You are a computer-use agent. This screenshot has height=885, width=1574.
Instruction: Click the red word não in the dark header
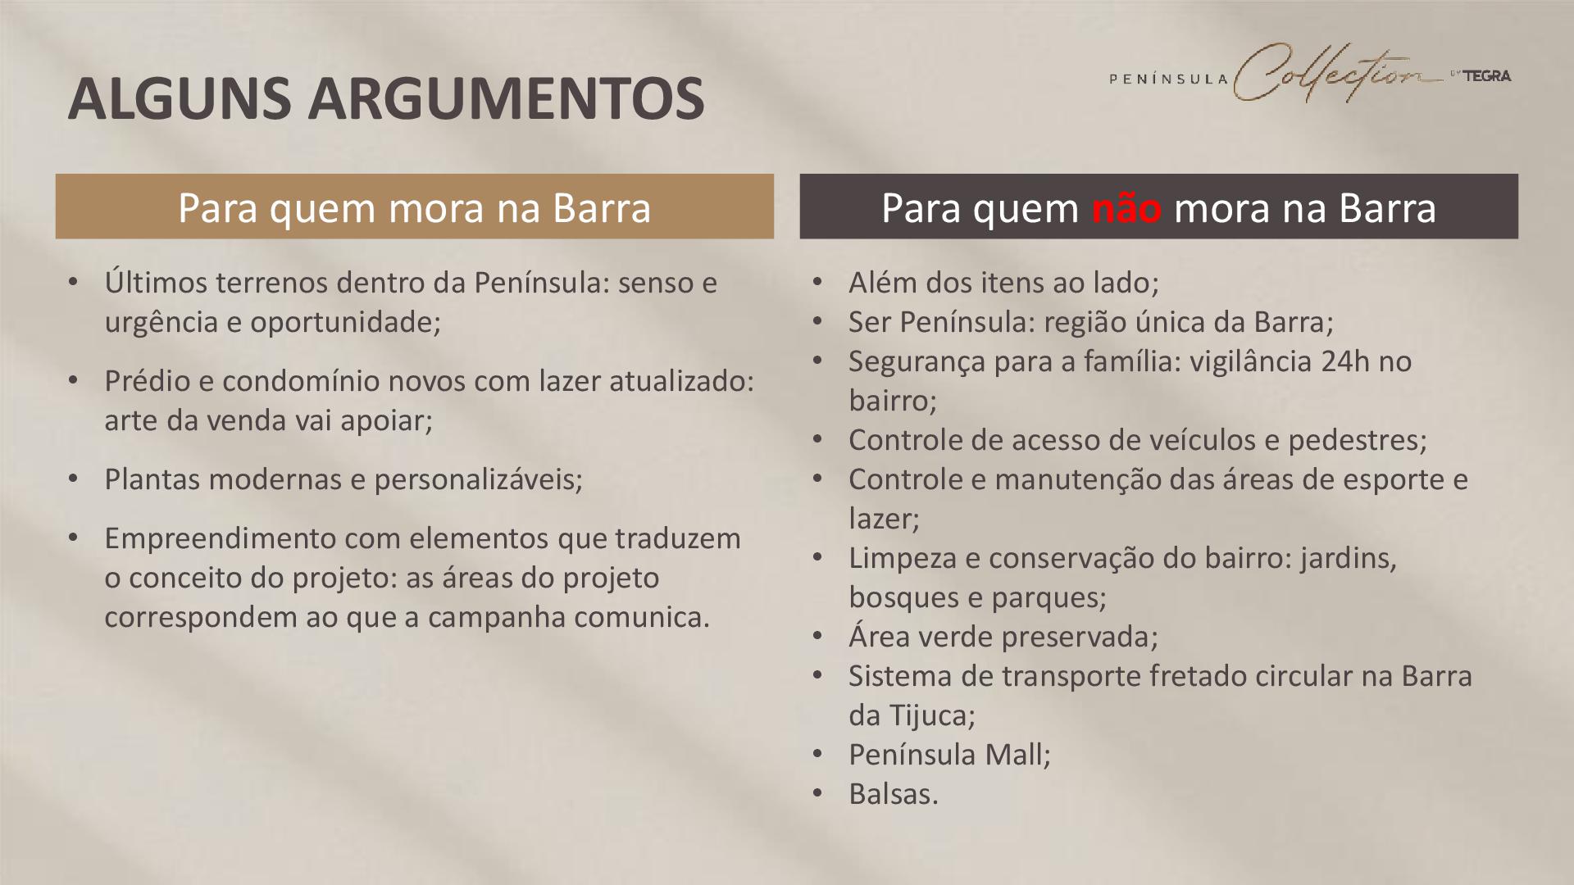pos(1126,208)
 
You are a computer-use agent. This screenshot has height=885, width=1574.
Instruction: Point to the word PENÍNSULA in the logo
pos(1168,79)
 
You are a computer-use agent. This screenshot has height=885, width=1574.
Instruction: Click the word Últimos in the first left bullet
pos(156,282)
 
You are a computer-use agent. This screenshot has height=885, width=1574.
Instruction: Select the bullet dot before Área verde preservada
pos(817,637)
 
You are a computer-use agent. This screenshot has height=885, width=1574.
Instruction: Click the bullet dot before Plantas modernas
pos(73,479)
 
